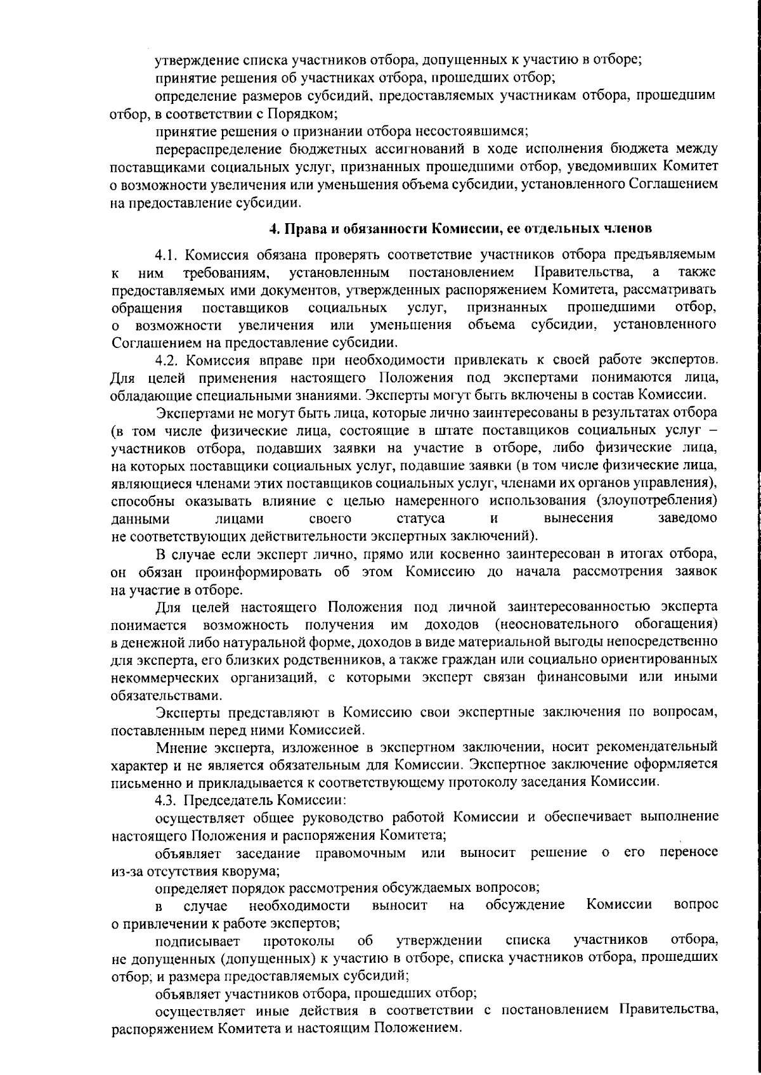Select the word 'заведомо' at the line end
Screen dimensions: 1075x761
pos(688,518)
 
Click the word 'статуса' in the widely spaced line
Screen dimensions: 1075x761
pos(420,518)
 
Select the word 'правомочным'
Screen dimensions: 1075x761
pos(360,853)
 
